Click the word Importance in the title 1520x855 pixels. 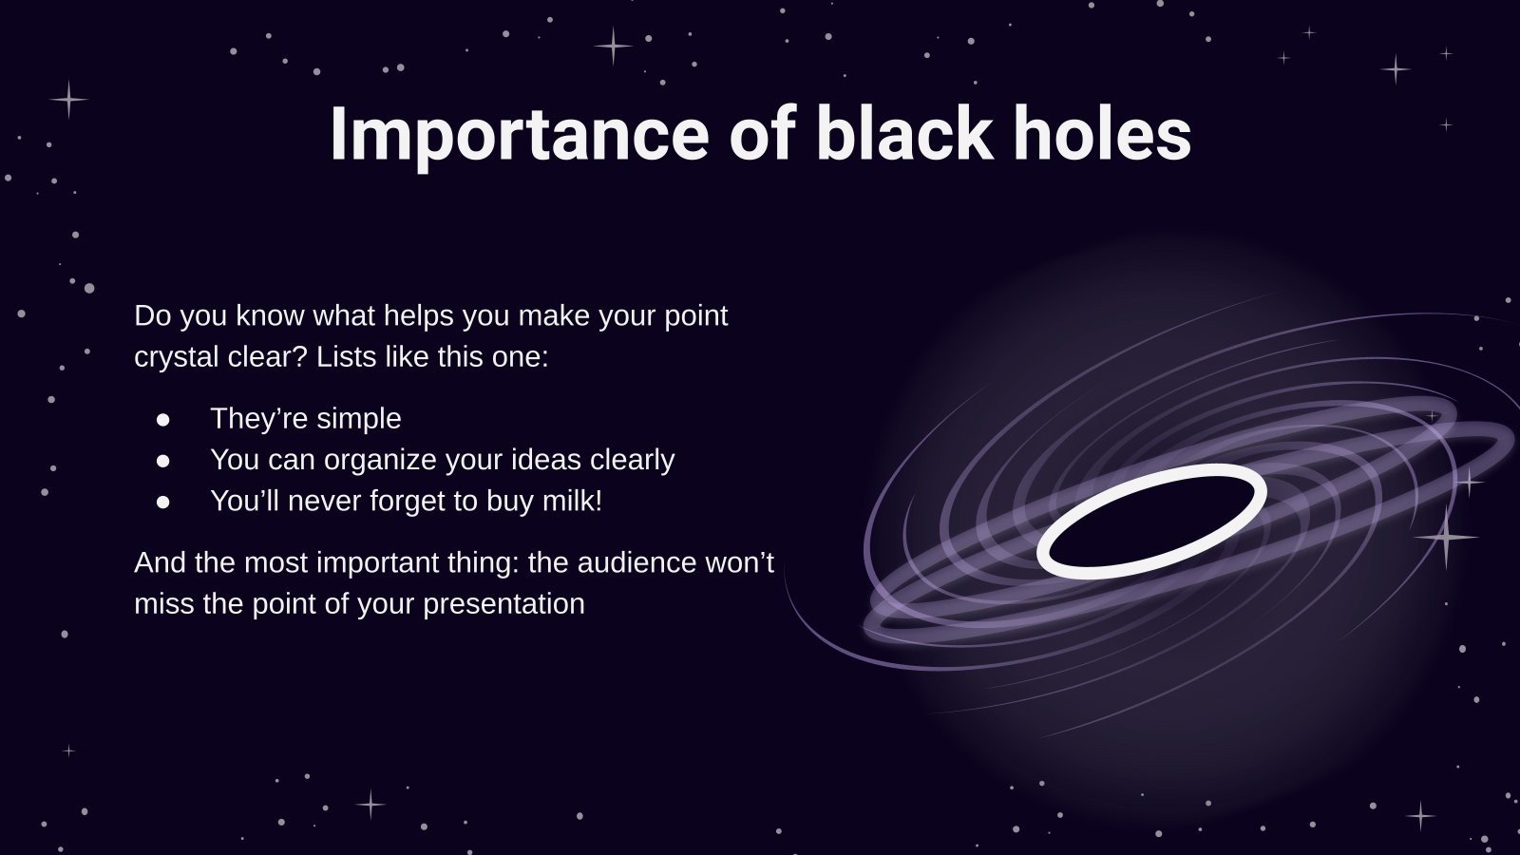coord(519,135)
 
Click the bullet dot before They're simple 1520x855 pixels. coord(163,419)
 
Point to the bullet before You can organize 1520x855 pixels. coord(163,460)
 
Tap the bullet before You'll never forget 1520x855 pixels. coord(163,502)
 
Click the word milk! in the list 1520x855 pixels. coord(572,501)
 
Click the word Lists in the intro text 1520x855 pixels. coord(346,357)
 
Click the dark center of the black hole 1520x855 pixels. coord(1151,522)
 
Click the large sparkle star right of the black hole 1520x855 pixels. coord(1447,538)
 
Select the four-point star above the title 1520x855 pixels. coord(614,45)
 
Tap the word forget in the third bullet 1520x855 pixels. coord(406,501)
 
